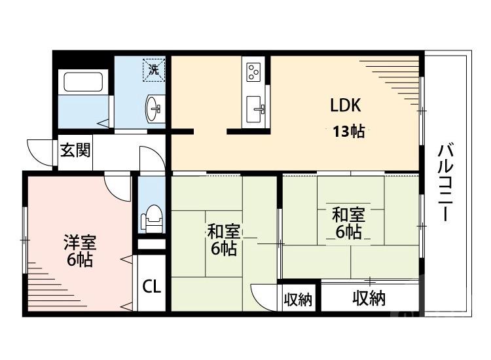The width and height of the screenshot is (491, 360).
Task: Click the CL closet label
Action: point(152,287)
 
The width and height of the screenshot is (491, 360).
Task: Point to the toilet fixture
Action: point(153,218)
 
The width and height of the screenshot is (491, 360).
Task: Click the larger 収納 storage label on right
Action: point(369,299)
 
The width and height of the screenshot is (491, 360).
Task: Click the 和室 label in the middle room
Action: point(223,240)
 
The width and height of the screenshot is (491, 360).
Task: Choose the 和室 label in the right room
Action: point(348,223)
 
